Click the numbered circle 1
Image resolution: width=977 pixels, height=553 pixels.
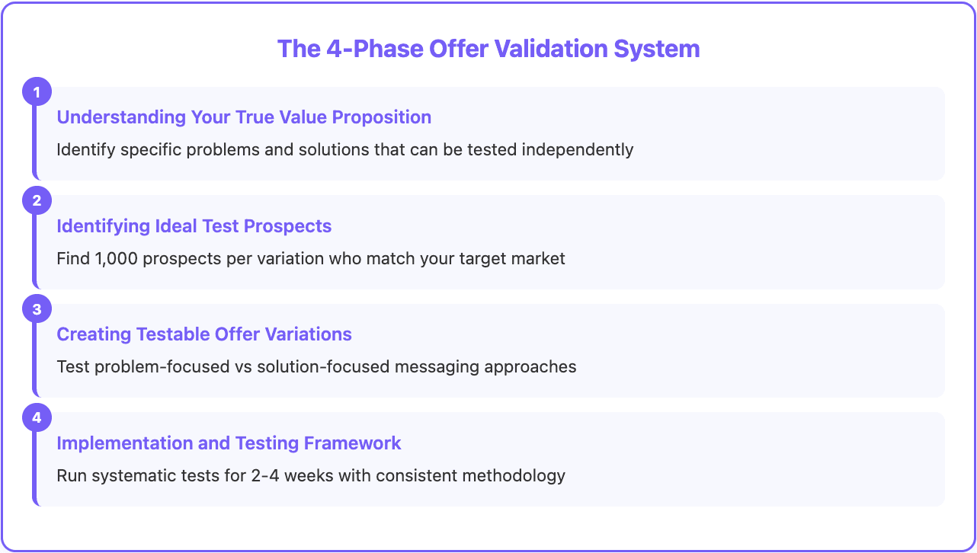36,93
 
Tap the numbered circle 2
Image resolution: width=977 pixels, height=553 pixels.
36,201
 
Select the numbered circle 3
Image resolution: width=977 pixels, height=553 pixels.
36,309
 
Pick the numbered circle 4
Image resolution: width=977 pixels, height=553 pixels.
36,417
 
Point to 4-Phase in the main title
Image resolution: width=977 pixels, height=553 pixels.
370,49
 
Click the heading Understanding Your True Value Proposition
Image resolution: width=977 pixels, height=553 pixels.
244,117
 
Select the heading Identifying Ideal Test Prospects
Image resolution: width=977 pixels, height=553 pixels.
194,226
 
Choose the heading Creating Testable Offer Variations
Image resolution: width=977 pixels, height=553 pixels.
204,334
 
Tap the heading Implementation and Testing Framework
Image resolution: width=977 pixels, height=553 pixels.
229,443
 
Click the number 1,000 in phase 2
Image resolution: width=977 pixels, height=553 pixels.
116,258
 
